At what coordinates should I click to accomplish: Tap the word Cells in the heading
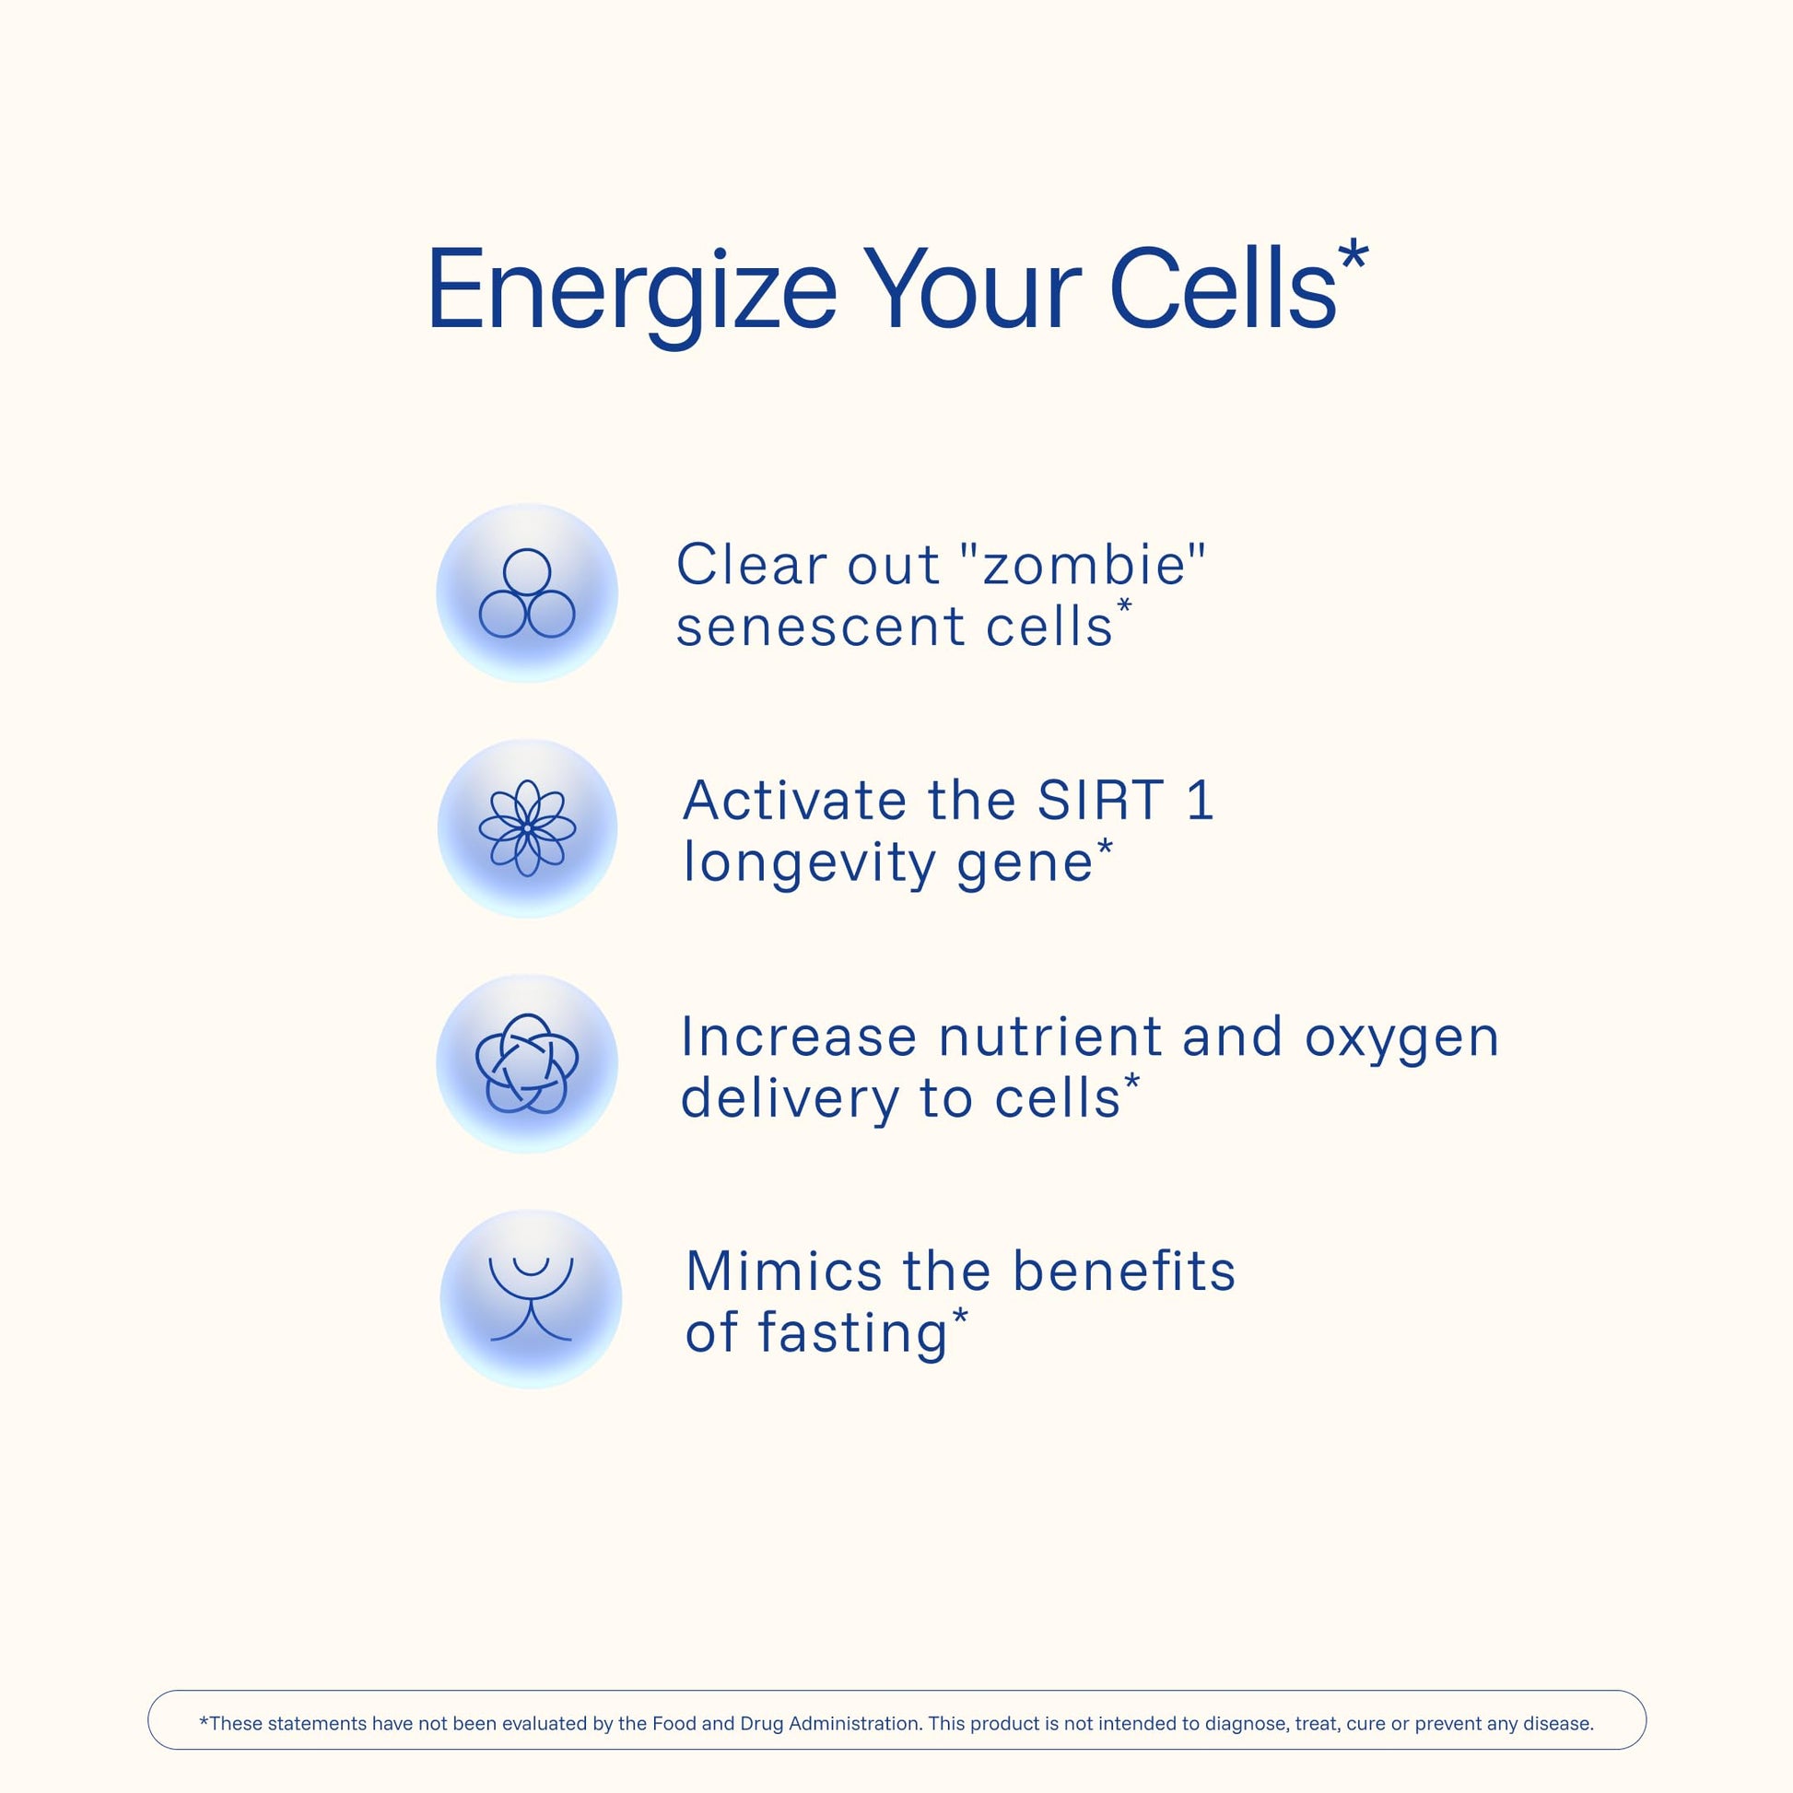click(x=1223, y=287)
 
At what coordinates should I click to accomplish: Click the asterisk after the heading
click(x=1354, y=253)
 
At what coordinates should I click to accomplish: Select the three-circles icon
click(x=527, y=593)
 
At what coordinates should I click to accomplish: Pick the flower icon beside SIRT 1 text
click(x=527, y=827)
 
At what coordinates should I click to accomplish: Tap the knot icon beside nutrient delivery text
click(x=527, y=1062)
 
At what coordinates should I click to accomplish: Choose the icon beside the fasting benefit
click(x=531, y=1298)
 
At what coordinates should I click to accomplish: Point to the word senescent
click(x=820, y=627)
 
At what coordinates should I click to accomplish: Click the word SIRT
click(x=1100, y=800)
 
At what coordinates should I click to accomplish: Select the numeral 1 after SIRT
click(x=1200, y=800)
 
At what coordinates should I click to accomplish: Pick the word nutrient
click(x=1049, y=1037)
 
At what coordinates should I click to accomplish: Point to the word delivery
click(x=790, y=1099)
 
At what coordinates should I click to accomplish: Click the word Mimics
click(x=784, y=1272)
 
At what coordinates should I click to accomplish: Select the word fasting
click(x=852, y=1334)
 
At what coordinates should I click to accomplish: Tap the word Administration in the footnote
click(x=856, y=1723)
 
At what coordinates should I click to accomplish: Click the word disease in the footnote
click(x=1558, y=1723)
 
